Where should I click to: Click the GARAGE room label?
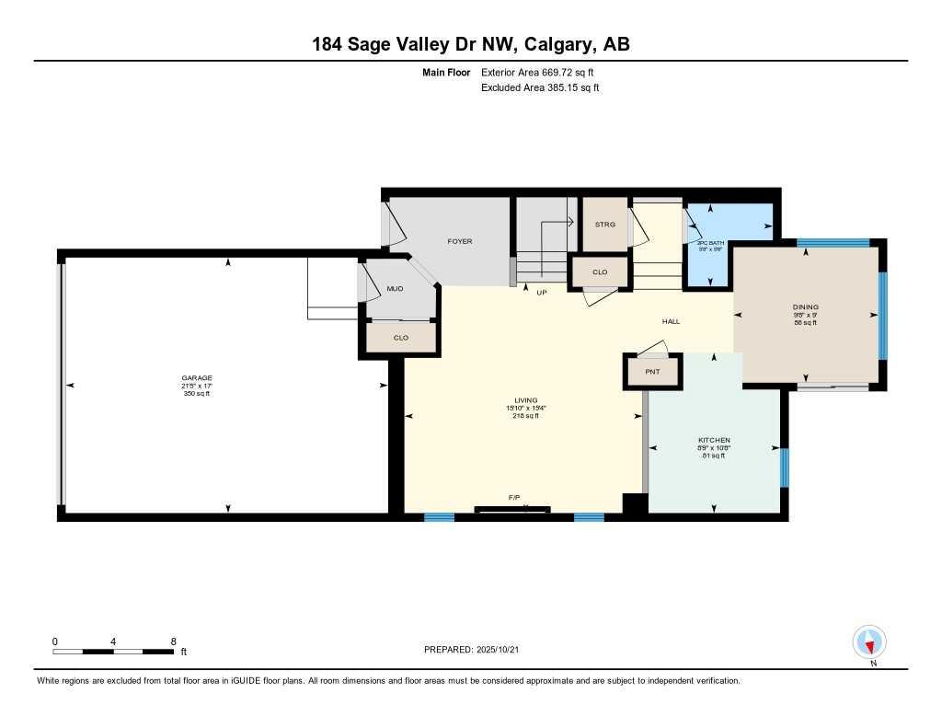coord(196,377)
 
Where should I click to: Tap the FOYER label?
coord(459,241)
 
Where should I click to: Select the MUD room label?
coord(395,289)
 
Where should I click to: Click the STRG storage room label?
coord(604,224)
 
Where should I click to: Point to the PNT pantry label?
coord(651,371)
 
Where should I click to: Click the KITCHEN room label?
coord(714,440)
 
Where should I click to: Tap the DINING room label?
coord(805,307)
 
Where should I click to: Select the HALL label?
coord(671,321)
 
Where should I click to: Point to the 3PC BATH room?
coord(711,243)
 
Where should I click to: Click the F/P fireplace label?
coord(514,497)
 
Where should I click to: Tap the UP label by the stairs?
coord(542,292)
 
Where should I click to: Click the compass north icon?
coord(869,641)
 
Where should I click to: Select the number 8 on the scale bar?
coord(173,641)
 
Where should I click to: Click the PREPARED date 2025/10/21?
coord(503,649)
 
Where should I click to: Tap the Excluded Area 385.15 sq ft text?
coord(540,87)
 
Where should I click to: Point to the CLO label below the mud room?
coord(400,338)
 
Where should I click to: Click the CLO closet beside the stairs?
coord(600,272)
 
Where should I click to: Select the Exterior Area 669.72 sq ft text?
coord(544,72)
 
